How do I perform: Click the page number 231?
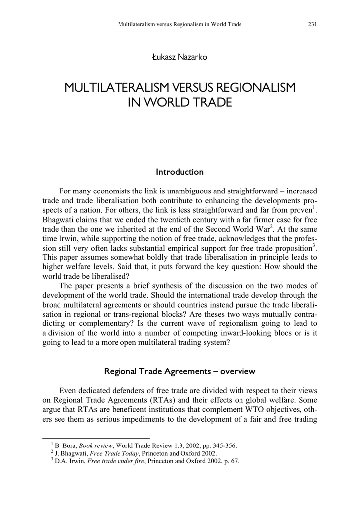[312, 24]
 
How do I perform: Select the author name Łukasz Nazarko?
[180, 57]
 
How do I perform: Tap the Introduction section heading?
[180, 172]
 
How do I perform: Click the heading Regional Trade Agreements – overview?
[180, 371]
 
